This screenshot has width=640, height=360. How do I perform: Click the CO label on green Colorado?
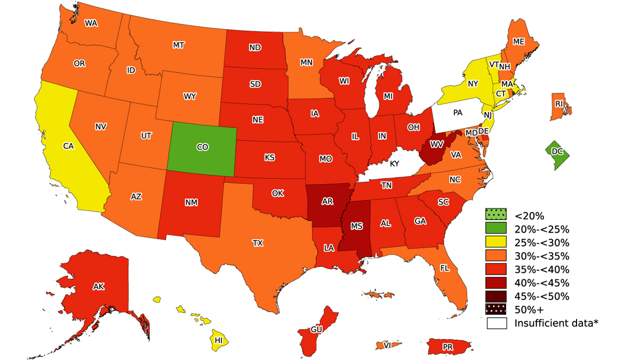[x=202, y=147]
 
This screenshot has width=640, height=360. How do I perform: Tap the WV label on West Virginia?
[x=437, y=144]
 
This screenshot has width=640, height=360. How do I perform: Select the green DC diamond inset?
[x=557, y=152]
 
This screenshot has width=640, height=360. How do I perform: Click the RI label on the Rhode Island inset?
[x=559, y=103]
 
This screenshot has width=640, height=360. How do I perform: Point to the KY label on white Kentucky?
[x=394, y=164]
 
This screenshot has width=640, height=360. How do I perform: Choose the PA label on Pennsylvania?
[x=458, y=113]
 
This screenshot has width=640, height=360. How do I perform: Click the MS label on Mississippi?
[x=356, y=226]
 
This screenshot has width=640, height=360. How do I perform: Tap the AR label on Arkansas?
[x=327, y=202]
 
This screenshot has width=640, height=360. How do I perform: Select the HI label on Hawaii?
[x=218, y=340]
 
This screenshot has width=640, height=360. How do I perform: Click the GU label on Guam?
[x=316, y=330]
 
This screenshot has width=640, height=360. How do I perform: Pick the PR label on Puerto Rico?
[x=447, y=347]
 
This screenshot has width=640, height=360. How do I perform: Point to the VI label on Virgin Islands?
[x=387, y=346]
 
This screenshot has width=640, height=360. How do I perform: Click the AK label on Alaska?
[x=98, y=286]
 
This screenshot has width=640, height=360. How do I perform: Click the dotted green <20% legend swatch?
[x=495, y=215]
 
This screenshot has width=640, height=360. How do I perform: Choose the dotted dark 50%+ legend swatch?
[x=495, y=309]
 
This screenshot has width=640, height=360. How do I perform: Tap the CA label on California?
[x=68, y=146]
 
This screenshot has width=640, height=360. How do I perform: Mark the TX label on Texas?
[x=258, y=243]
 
